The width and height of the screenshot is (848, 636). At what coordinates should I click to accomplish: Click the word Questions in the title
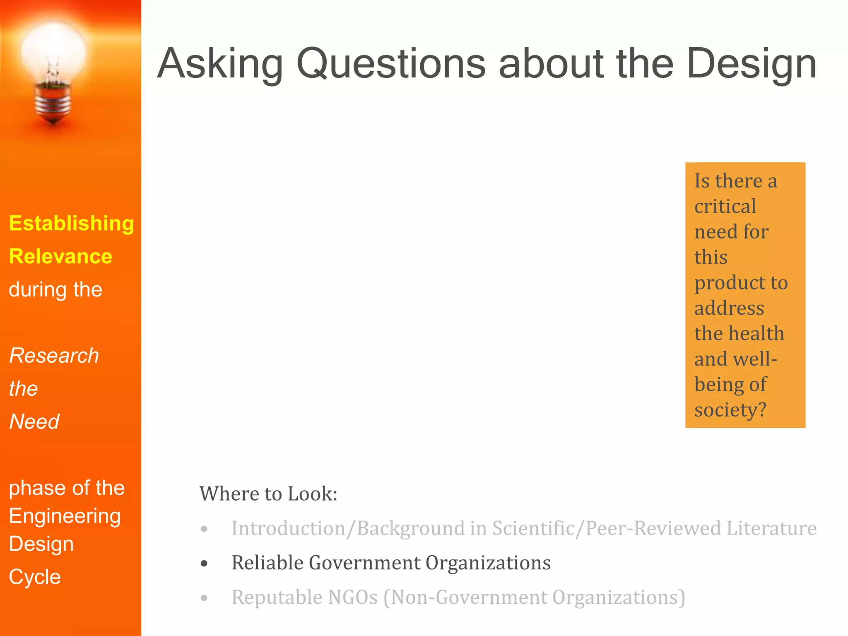[391, 64]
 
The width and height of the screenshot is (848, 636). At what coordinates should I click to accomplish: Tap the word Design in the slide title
[752, 64]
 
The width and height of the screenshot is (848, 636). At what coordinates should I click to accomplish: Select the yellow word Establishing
[72, 224]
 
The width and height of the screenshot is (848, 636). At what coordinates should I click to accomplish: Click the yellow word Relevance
[60, 256]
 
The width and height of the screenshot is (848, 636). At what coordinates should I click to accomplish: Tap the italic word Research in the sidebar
[54, 356]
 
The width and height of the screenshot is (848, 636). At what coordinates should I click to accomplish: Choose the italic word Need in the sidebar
[34, 422]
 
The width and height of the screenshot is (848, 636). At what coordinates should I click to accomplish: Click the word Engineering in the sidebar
[65, 516]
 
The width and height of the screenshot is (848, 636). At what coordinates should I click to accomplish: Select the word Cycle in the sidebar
[35, 577]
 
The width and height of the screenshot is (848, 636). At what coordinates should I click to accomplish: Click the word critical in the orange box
[725, 206]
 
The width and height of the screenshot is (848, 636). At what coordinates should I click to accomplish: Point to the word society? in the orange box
[730, 410]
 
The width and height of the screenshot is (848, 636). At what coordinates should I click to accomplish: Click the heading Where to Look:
[268, 494]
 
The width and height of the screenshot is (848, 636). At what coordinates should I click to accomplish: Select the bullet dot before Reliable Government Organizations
[204, 564]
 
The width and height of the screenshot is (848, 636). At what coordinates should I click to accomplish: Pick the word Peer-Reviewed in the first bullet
[653, 528]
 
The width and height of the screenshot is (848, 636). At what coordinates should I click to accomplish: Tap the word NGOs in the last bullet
[352, 597]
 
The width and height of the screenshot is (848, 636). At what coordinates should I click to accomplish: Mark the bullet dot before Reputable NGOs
[204, 598]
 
